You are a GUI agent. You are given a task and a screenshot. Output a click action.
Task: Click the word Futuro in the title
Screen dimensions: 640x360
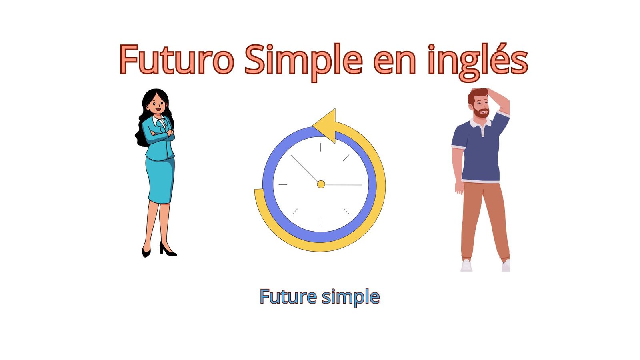coord(177,59)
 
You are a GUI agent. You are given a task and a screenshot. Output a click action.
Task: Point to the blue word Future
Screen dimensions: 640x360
coord(288,296)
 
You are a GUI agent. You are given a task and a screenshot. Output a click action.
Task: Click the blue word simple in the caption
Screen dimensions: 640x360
coord(351,298)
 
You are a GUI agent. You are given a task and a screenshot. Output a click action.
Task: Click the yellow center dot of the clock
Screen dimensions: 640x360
coord(321,184)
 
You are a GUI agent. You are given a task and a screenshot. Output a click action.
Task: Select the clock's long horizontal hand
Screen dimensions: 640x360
coord(343,185)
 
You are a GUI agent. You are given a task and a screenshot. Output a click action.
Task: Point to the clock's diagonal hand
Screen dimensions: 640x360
coord(304,168)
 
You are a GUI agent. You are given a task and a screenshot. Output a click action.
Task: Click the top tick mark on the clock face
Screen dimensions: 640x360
coord(320,147)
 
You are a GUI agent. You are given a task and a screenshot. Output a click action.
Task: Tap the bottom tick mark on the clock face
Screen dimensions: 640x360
coord(320,222)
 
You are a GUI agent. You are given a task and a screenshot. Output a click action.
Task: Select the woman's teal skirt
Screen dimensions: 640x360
coord(160,180)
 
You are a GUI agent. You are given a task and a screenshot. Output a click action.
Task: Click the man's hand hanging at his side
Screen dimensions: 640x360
coord(459,188)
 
